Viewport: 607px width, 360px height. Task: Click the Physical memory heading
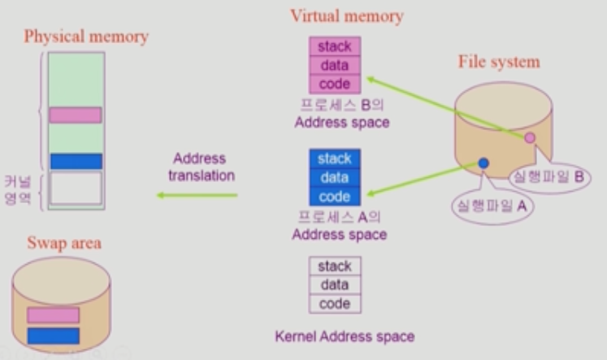(86, 37)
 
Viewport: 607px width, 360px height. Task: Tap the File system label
(499, 62)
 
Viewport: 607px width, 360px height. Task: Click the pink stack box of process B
(335, 46)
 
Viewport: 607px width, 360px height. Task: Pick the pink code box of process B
(335, 84)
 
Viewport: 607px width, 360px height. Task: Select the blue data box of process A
(335, 177)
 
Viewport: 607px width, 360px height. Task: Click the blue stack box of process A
(335, 158)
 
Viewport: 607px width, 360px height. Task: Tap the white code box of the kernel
(335, 303)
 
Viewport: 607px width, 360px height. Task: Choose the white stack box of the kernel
(335, 266)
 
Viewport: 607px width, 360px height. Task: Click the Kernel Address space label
(345, 336)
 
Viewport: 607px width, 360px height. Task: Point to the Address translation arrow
(197, 195)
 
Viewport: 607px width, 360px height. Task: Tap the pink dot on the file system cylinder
(530, 138)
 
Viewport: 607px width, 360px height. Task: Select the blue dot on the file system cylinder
(483, 163)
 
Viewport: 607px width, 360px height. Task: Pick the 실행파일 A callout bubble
(490, 206)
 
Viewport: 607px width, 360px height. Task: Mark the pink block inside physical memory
(76, 115)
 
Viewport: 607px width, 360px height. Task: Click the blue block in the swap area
(53, 336)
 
